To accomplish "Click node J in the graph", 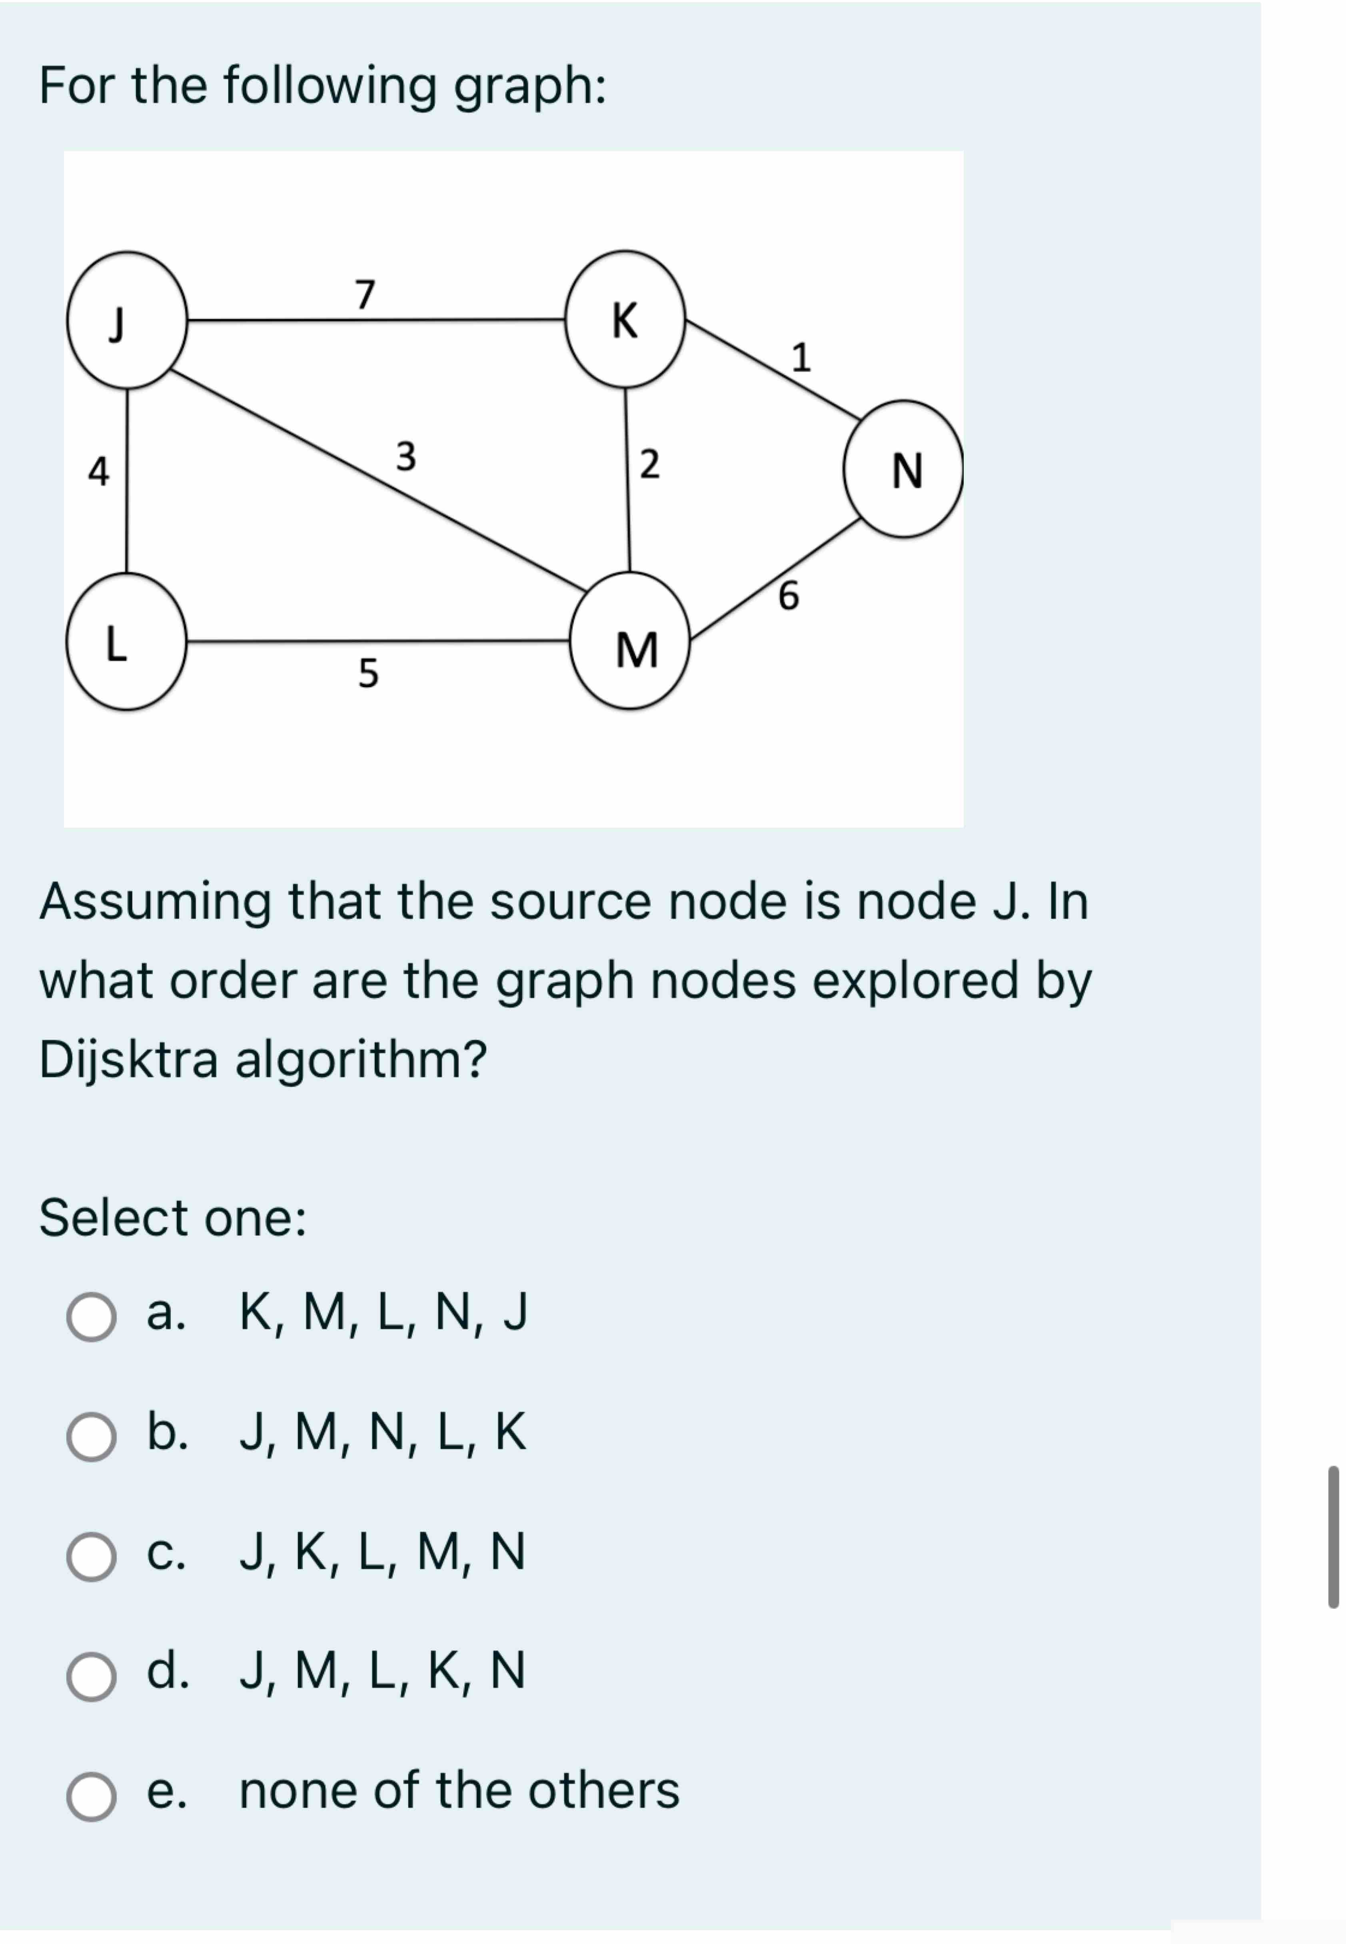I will tap(126, 320).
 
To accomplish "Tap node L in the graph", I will tap(126, 642).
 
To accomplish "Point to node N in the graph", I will tap(903, 469).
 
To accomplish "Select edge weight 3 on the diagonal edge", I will tap(405, 456).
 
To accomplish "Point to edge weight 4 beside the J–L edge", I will tap(99, 471).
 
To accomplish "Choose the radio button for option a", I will tap(91, 1317).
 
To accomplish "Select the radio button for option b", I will tap(91, 1436).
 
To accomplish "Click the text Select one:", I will tap(173, 1218).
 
